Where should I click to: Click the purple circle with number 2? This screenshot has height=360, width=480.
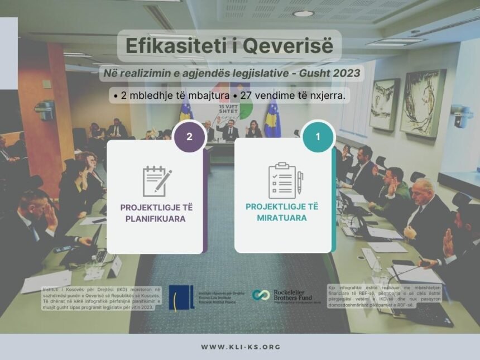[x=189, y=137]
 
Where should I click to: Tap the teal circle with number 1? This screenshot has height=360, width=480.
[x=318, y=137]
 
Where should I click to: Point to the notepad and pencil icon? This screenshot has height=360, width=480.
[x=156, y=181]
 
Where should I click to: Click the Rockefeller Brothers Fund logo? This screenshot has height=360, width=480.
[x=286, y=296]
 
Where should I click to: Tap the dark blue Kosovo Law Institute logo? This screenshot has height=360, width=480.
[x=181, y=297]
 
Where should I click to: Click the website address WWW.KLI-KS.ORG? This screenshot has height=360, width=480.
[x=241, y=347]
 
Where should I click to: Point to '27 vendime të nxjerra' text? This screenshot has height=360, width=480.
[x=292, y=96]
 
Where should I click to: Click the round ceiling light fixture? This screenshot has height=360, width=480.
[x=303, y=13]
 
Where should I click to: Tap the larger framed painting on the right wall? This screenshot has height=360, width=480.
[x=423, y=103]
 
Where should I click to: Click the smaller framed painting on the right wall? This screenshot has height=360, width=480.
[x=385, y=104]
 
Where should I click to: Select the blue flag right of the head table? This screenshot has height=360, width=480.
[x=272, y=118]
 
